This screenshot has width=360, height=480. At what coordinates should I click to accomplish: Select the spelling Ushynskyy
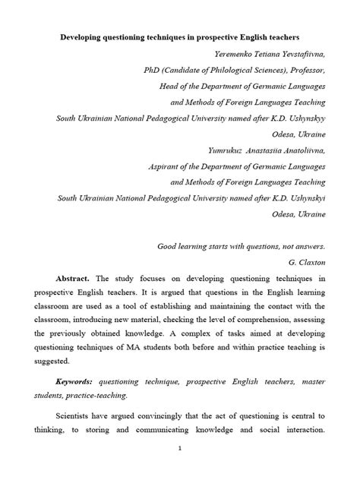305,118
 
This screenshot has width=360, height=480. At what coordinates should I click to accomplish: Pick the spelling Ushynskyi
305,198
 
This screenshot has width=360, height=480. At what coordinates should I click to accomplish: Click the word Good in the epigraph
169,246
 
